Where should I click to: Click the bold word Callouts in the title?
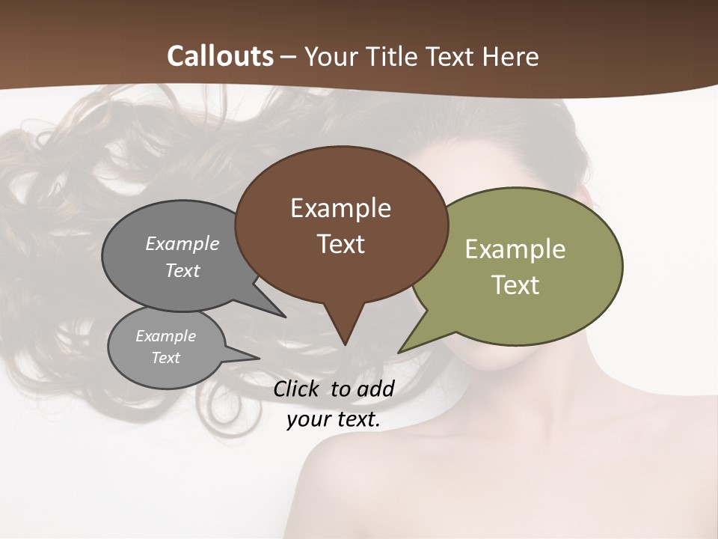tap(220, 56)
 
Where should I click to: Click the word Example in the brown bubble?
tap(340, 208)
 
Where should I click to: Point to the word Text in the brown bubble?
tap(340, 244)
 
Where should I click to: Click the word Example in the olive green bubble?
tap(515, 249)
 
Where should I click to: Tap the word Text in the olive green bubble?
tap(515, 285)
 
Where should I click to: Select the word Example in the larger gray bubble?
tap(182, 243)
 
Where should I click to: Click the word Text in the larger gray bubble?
tap(182, 270)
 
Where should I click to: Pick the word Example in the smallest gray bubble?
tap(165, 335)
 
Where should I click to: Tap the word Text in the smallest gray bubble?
tap(165, 358)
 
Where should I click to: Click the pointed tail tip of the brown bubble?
tap(345, 344)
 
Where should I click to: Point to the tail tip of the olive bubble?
tap(399, 352)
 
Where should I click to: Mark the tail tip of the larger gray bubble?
tap(285, 317)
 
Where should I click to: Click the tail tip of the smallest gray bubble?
tap(259, 358)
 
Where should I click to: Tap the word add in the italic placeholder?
tap(375, 389)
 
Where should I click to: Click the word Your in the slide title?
tap(331, 56)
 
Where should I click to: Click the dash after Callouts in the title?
tap(289, 57)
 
